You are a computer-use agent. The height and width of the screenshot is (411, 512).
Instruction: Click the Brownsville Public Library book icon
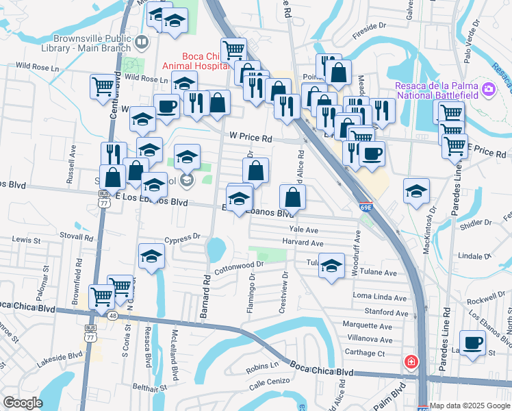pyautogui.click(x=141, y=42)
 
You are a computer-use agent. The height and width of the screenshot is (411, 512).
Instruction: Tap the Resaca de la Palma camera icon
pyautogui.click(x=488, y=88)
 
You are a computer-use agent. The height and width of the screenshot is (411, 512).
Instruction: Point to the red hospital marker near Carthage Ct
pyautogui.click(x=411, y=362)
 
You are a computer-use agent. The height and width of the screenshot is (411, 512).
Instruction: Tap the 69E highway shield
pyautogui.click(x=366, y=206)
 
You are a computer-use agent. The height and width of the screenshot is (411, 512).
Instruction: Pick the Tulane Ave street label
pyautogui.click(x=380, y=272)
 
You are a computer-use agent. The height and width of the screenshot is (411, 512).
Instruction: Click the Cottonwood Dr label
pyautogui.click(x=239, y=267)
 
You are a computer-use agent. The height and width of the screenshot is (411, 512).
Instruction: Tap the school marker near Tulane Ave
pyautogui.click(x=331, y=266)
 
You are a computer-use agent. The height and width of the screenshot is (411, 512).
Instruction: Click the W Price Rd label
pyautogui.click(x=251, y=138)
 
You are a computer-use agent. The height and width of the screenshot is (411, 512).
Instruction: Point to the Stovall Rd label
pyautogui.click(x=76, y=236)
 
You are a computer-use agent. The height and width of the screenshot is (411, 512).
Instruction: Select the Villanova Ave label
pyautogui.click(x=368, y=339)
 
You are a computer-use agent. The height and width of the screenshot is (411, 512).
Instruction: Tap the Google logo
pyautogui.click(x=23, y=402)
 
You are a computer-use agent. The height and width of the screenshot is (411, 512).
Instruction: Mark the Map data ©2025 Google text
pyautogui.click(x=470, y=406)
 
